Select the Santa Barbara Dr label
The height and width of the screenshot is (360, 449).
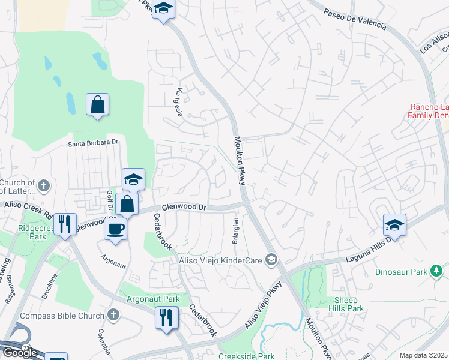tap(94, 143)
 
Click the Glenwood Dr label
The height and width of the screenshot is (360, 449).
tap(184, 206)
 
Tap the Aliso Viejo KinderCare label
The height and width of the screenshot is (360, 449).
tap(220, 260)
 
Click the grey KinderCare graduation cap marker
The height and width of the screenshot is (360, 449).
tap(271, 259)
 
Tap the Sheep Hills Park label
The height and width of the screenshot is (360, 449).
tap(346, 304)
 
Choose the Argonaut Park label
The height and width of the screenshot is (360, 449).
tap(153, 299)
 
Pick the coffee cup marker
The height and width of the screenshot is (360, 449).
tap(115, 228)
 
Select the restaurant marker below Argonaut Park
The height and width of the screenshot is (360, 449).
tap(167, 317)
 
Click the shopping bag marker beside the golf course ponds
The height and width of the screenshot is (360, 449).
tap(97, 106)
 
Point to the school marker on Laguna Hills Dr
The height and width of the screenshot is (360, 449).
tap(395, 225)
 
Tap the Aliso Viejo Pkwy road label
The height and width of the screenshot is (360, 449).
tap(262, 306)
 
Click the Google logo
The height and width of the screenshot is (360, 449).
tap(20, 353)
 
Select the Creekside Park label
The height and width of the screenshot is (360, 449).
tap(246, 356)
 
